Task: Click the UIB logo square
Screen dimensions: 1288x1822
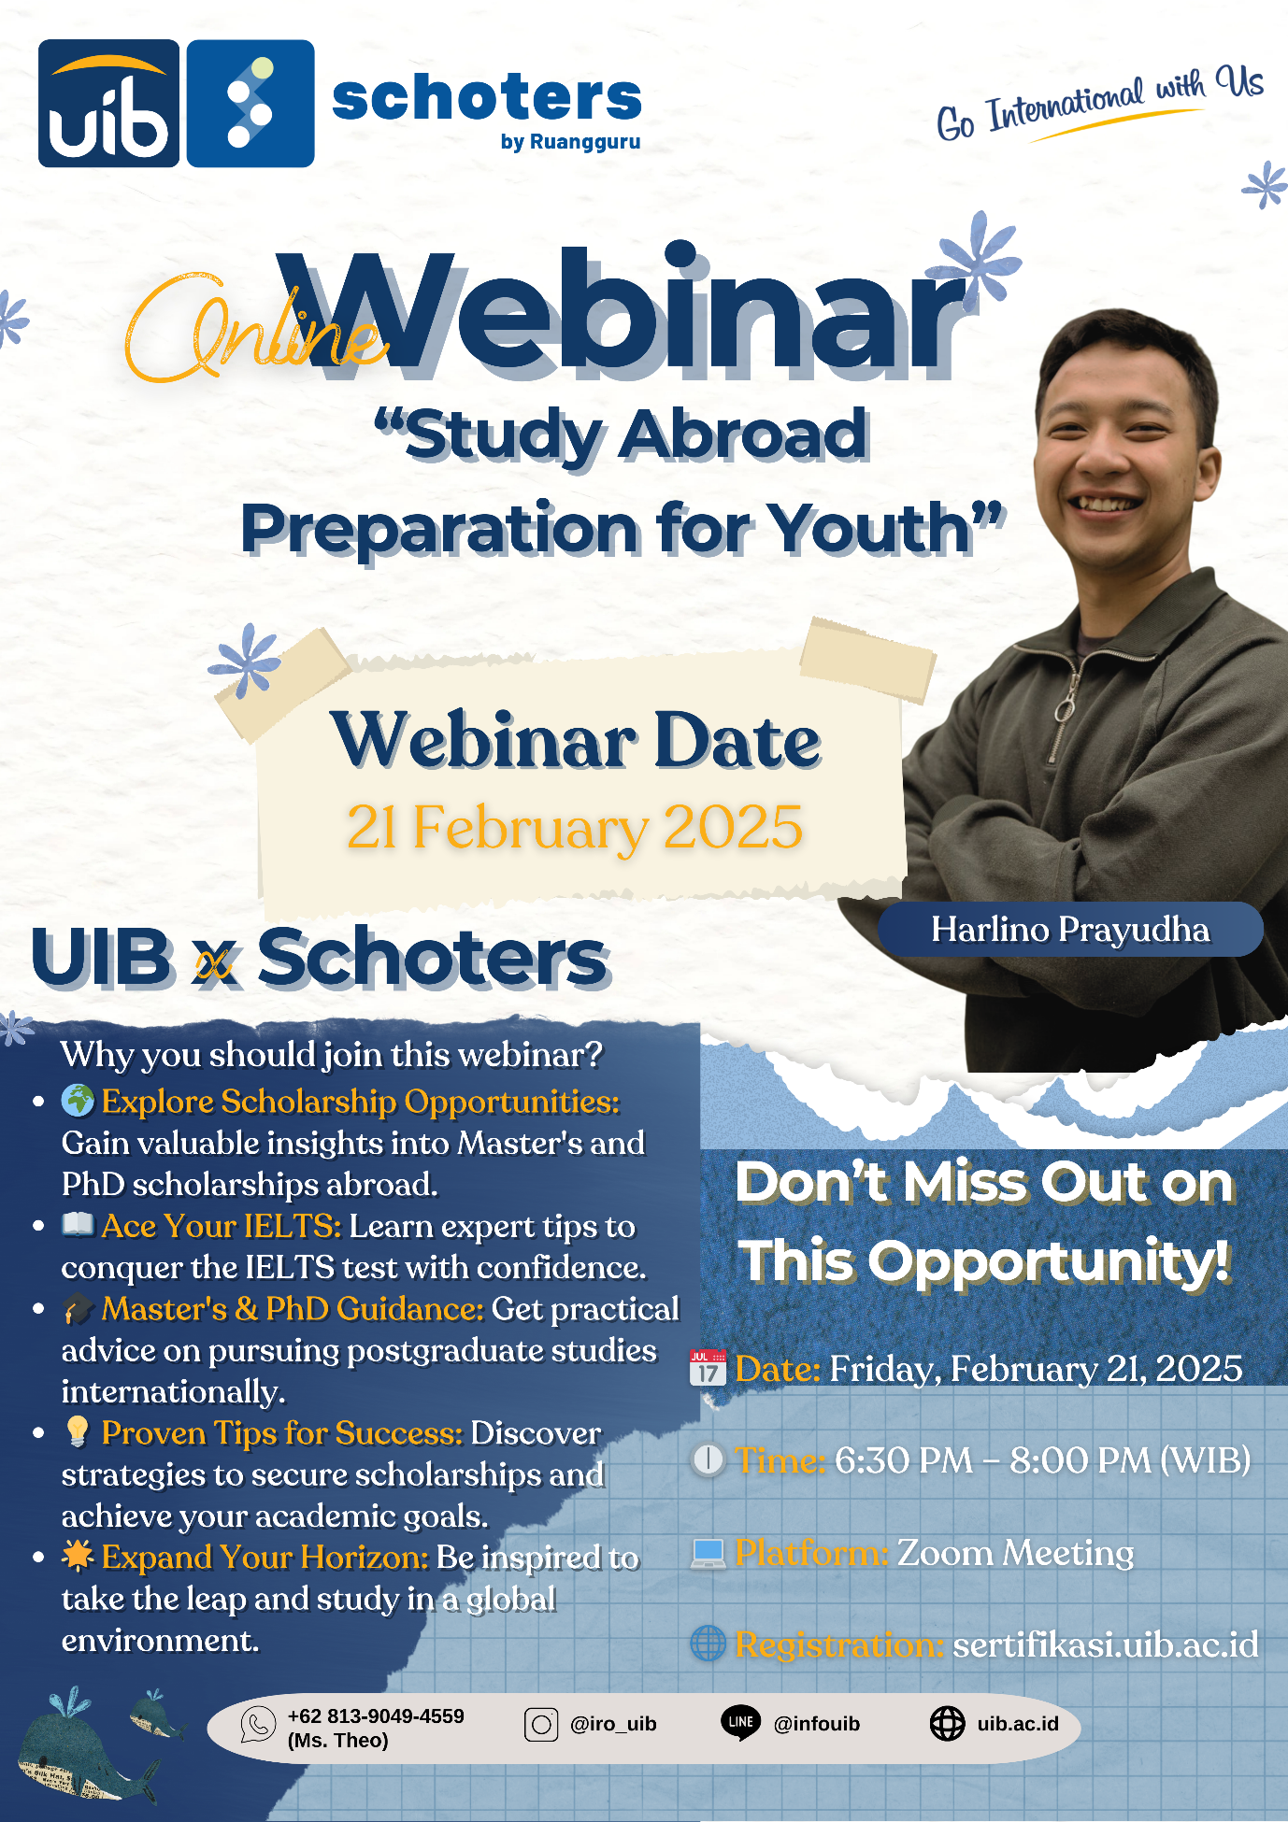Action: click(x=108, y=103)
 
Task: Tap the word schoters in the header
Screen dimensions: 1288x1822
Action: click(x=487, y=98)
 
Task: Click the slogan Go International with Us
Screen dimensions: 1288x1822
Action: click(x=1099, y=103)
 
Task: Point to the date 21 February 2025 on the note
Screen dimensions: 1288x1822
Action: click(x=575, y=827)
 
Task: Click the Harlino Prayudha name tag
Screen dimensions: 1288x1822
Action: click(x=1070, y=929)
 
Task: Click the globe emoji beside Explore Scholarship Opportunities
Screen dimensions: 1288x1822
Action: click(x=78, y=1101)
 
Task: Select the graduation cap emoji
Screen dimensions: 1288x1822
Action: click(x=79, y=1308)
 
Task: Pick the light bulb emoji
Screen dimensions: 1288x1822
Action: click(x=78, y=1431)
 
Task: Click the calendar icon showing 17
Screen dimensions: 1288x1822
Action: click(x=708, y=1367)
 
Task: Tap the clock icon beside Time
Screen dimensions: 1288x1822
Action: click(x=708, y=1459)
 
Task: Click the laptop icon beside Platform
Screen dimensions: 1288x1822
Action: click(x=708, y=1553)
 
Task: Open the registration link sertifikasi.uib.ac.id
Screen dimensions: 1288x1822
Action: click(x=1106, y=1644)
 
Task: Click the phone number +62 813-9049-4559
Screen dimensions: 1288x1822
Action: click(x=376, y=1716)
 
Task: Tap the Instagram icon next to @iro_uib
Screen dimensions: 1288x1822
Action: click(x=541, y=1724)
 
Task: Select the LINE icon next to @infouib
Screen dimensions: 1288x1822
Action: click(x=741, y=1723)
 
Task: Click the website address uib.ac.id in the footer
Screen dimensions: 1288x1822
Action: click(x=1018, y=1724)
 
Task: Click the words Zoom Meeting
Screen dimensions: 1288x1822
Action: click(x=1016, y=1553)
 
